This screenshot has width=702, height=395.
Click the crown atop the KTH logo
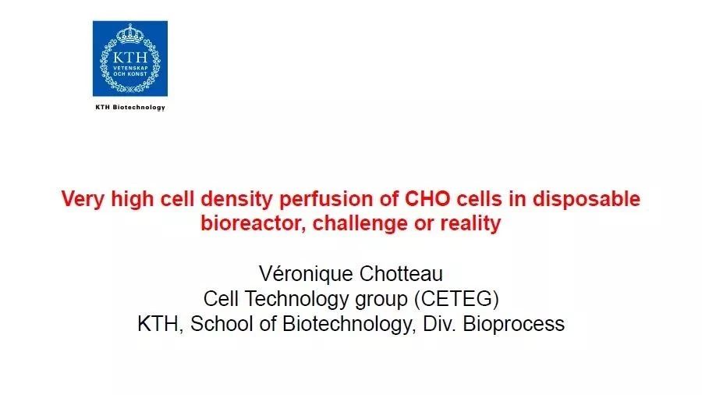[x=129, y=34]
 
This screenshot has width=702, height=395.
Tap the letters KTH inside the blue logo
[x=129, y=57]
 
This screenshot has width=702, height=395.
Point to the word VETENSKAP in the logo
[x=130, y=68]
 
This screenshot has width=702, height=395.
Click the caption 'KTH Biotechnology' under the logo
[x=130, y=108]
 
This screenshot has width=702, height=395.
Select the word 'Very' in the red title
[x=83, y=199]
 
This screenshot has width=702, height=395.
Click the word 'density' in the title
[x=236, y=199]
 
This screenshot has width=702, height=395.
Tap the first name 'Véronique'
[x=305, y=273]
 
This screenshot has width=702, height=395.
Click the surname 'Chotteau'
[x=401, y=273]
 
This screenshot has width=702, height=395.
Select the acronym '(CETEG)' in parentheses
[x=456, y=299]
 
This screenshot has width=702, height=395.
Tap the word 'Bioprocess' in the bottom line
[x=513, y=324]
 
